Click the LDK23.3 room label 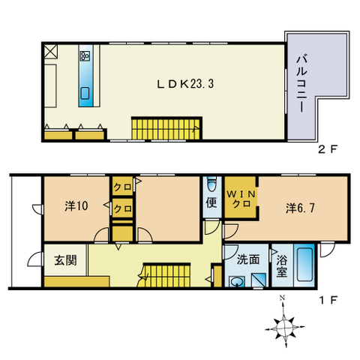185,84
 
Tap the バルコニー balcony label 302,83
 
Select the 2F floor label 328,149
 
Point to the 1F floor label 328,300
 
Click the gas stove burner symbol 85,56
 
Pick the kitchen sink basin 85,94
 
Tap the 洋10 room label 76,206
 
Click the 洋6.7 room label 300,208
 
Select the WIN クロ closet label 241,199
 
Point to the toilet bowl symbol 211,184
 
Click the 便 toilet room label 211,202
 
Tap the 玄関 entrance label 65,260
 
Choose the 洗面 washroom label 248,259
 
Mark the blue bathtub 304,265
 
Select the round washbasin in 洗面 236,282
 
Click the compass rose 284,325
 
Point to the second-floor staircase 166,129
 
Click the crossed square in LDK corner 51,52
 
